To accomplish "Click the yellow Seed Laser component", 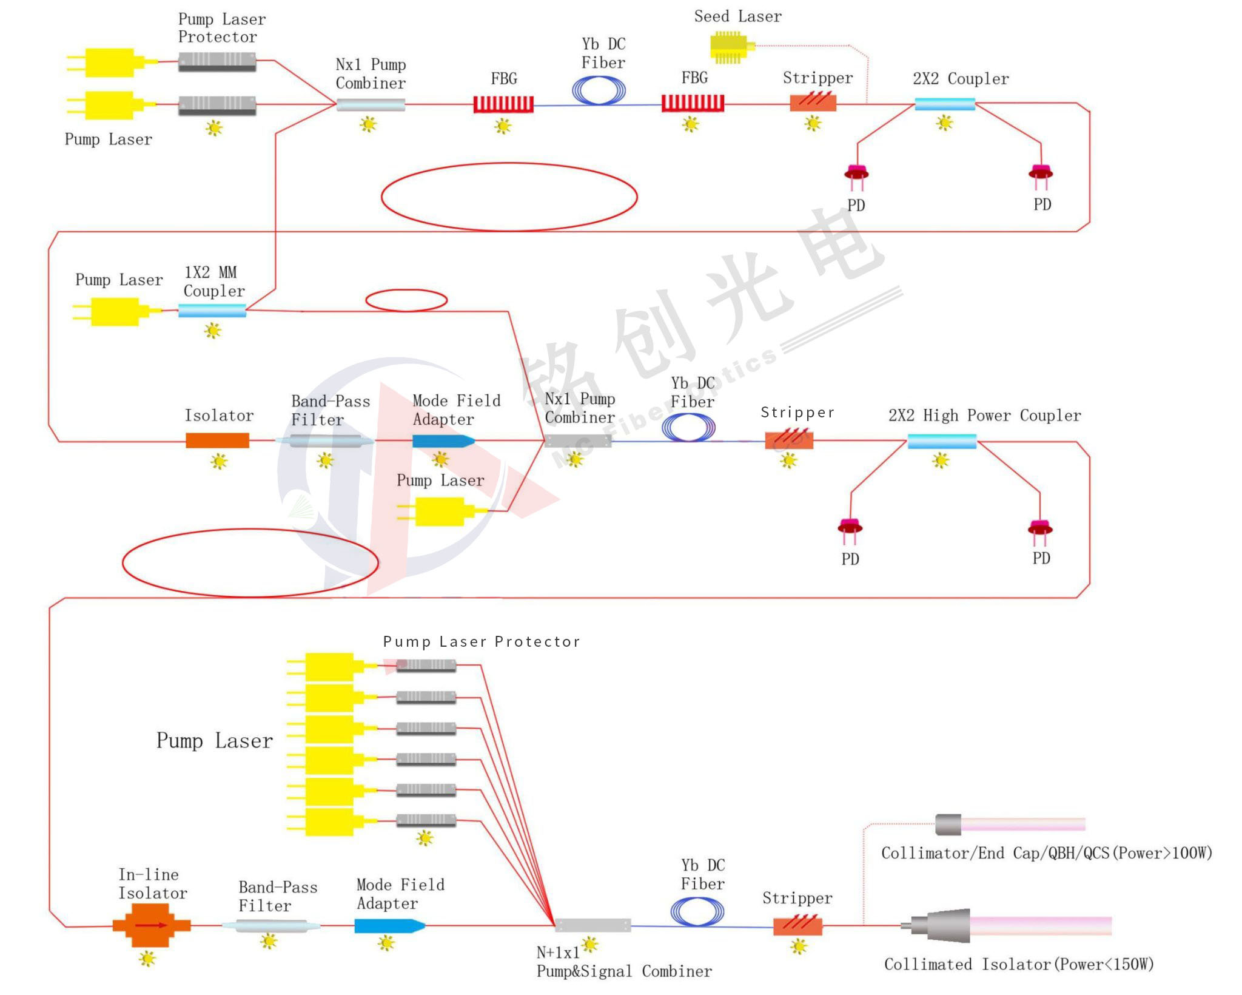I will pos(730,47).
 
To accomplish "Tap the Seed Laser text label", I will pos(737,16).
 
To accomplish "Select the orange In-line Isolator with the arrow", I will pos(151,925).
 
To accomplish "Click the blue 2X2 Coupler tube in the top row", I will pos(944,104).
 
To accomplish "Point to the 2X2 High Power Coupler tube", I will pos(941,441).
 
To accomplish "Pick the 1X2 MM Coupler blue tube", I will pos(212,311).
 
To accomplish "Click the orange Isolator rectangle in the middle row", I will pos(217,440).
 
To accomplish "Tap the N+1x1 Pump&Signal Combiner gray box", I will pos(592,925).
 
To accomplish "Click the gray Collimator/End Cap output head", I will pos(948,824).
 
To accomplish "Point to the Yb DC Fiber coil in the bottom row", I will pos(697,911).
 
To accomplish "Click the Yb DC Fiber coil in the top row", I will pos(599,91).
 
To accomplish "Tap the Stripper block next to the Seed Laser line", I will pos(813,103).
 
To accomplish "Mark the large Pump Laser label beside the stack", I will pos(215,741).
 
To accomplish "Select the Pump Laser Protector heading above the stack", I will pos(482,641).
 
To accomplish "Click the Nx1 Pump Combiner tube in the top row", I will pos(371,104).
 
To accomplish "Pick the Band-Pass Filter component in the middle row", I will pos(325,440).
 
